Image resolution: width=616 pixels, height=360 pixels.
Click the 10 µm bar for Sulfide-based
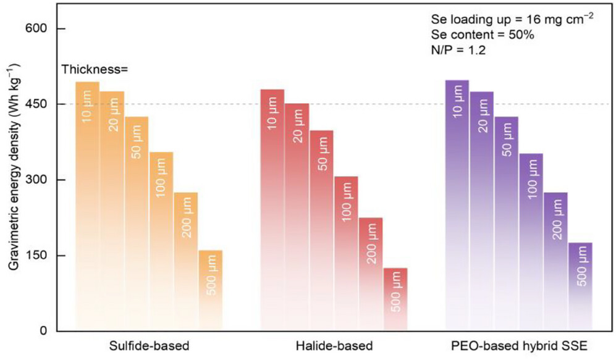[87, 204]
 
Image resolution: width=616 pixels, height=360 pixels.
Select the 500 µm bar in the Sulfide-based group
[210, 290]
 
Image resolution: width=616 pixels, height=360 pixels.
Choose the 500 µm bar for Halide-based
[395, 299]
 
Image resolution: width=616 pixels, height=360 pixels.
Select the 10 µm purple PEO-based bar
[457, 204]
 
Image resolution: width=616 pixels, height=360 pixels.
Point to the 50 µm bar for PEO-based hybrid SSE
[506, 222]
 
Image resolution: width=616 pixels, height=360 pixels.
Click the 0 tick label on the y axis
[44, 331]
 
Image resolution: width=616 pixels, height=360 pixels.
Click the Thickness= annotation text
[95, 69]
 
